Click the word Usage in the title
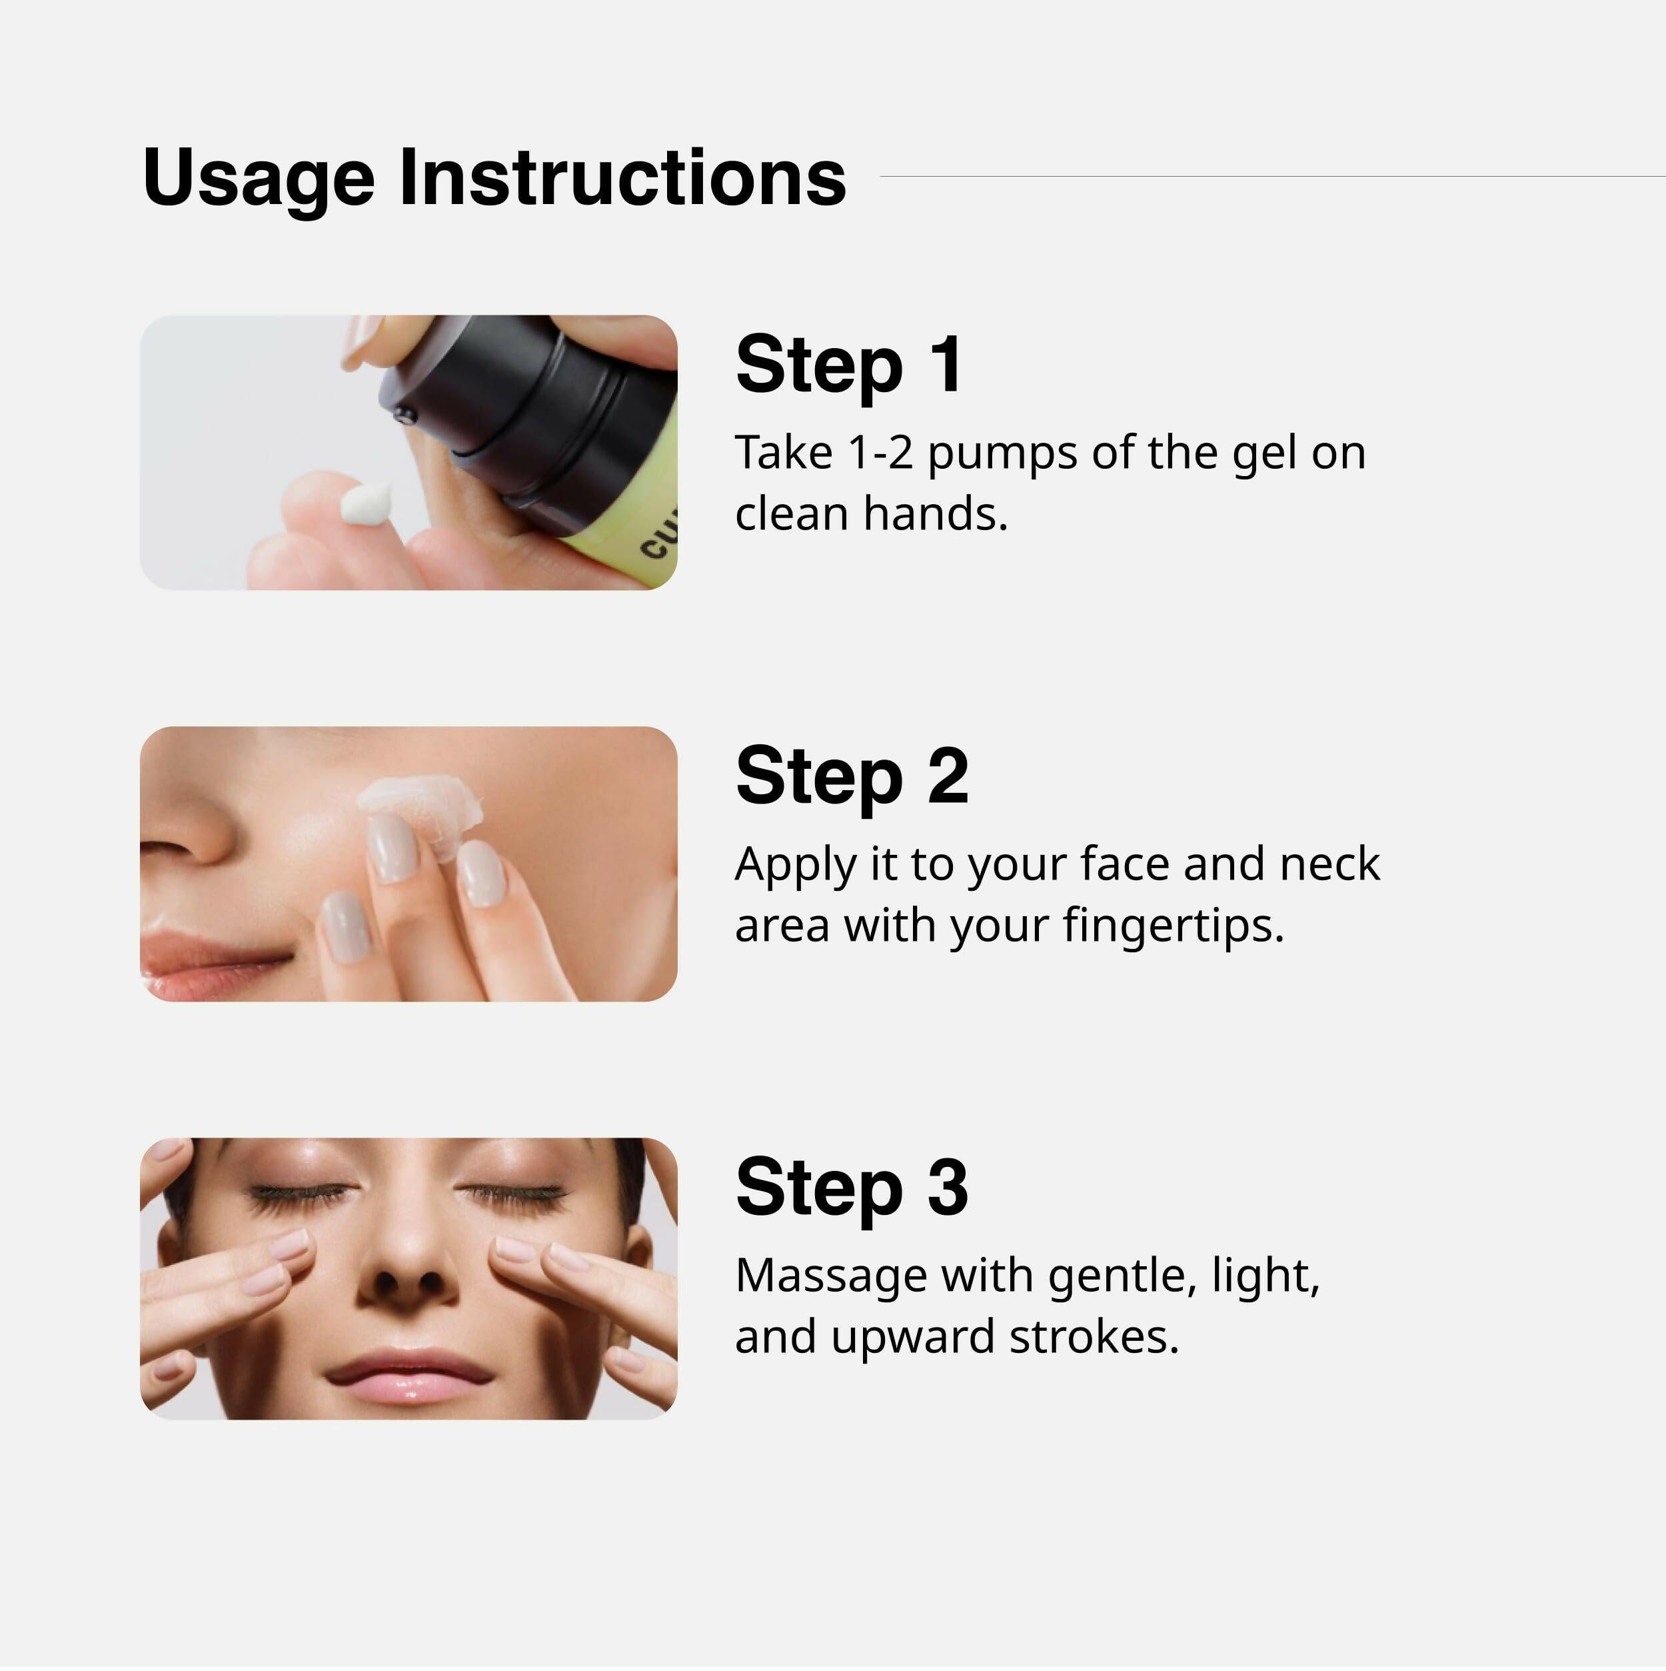tap(259, 179)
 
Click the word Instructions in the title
tap(622, 177)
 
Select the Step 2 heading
tap(852, 776)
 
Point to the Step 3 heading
tap(852, 1187)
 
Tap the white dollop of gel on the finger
tap(367, 503)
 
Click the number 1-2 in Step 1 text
tap(880, 453)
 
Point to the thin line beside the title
tap(1271, 177)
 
